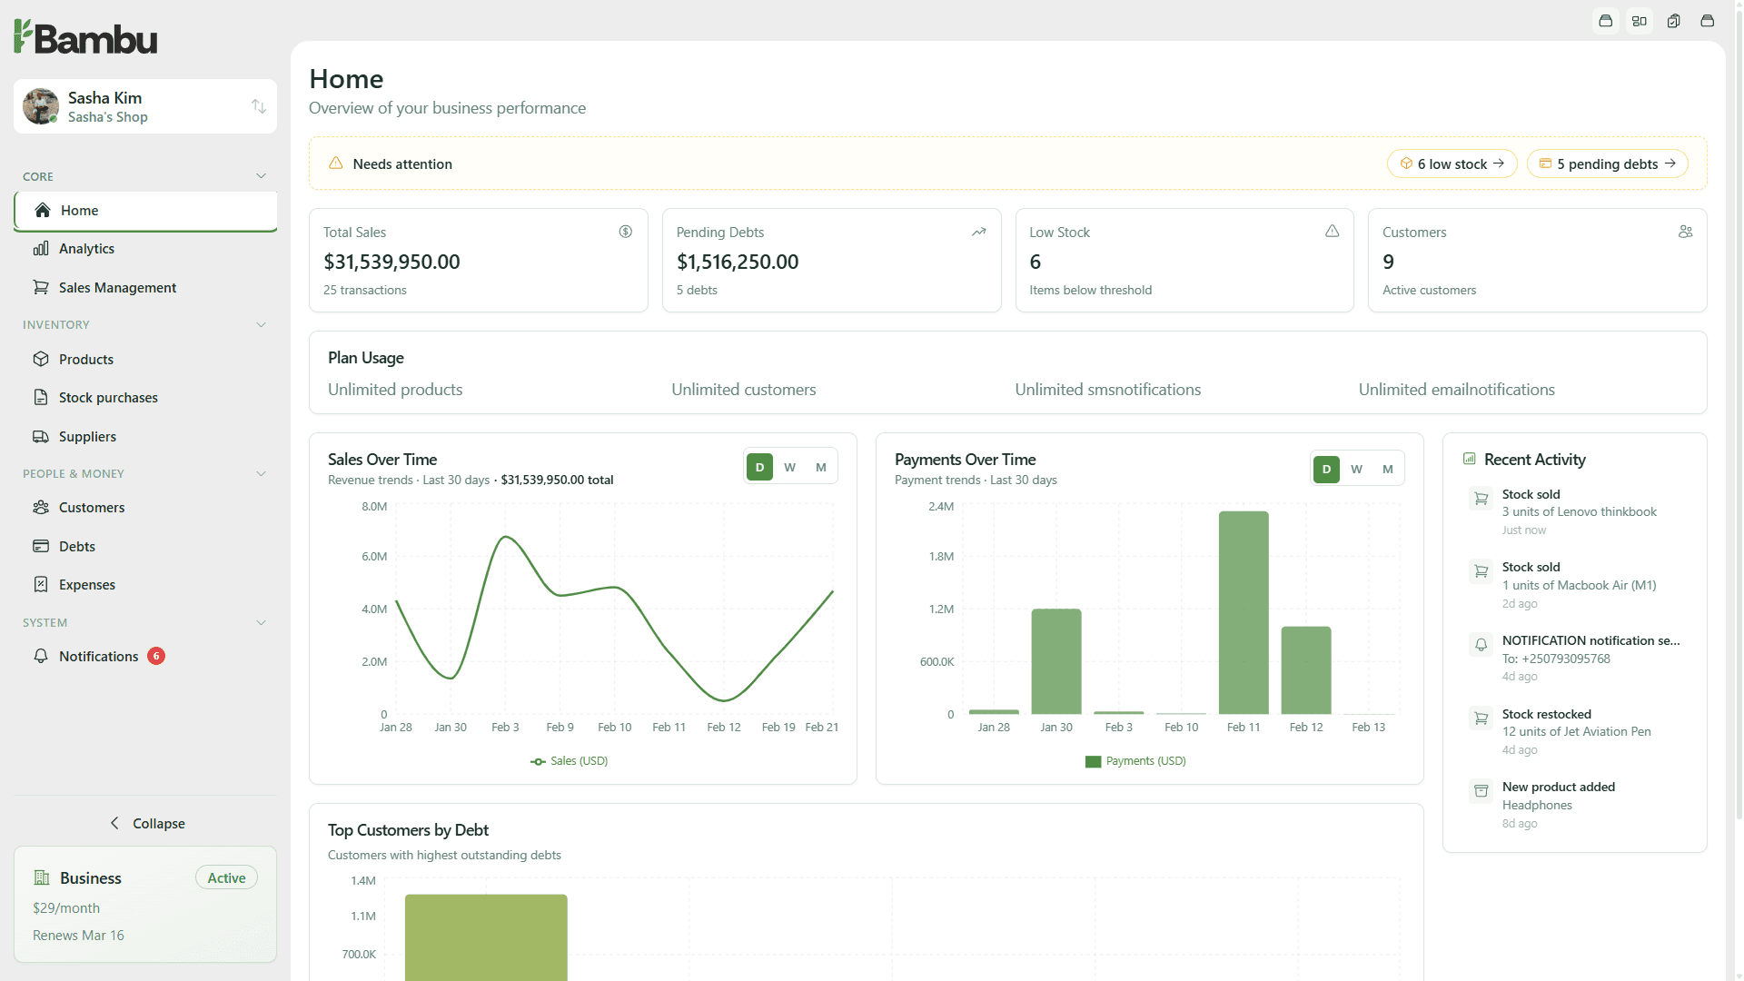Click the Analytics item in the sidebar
click(x=86, y=249)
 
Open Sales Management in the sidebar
click(x=117, y=288)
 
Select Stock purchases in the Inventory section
click(x=108, y=398)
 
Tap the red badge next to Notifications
click(x=156, y=656)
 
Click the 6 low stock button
click(x=1452, y=164)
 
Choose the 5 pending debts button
click(x=1607, y=164)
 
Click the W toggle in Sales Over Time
click(x=789, y=468)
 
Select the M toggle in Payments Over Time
click(x=1387, y=470)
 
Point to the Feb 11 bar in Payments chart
click(x=1243, y=613)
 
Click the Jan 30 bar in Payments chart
click(x=1055, y=661)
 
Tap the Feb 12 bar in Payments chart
click(x=1305, y=670)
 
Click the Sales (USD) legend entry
click(x=570, y=761)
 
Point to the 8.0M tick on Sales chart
click(x=374, y=507)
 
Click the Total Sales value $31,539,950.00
click(x=391, y=263)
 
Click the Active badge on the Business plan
click(x=226, y=878)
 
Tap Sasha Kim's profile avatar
click(x=41, y=106)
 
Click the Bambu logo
click(x=85, y=37)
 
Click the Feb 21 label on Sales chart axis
click(x=821, y=728)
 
